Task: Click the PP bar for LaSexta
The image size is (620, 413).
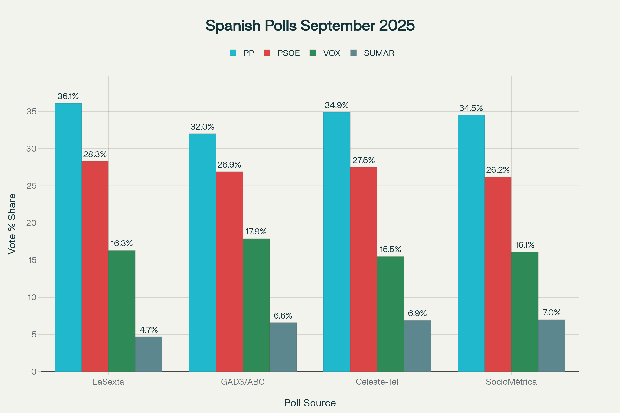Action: pos(68,237)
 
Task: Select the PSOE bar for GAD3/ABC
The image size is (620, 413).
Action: pos(229,272)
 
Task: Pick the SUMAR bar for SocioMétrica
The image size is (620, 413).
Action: pos(552,346)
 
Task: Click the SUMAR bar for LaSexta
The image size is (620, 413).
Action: pos(149,354)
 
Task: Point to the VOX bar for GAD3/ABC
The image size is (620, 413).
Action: pos(256,305)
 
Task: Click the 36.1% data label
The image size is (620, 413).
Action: pos(68,96)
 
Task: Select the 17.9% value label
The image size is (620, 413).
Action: pos(256,232)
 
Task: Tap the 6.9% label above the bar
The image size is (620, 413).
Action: pos(417,313)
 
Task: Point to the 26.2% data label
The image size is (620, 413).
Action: pos(498,170)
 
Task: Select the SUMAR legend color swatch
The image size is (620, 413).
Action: pos(353,53)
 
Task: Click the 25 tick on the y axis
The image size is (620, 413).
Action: pos(31,186)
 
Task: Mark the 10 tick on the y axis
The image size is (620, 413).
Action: pos(32,297)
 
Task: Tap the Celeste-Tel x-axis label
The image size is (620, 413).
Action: pos(377,382)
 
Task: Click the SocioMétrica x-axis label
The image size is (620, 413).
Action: pos(511,382)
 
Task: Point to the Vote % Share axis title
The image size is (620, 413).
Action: pos(12,224)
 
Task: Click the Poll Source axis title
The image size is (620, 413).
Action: pos(310,403)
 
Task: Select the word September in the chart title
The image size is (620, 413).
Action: pos(338,26)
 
